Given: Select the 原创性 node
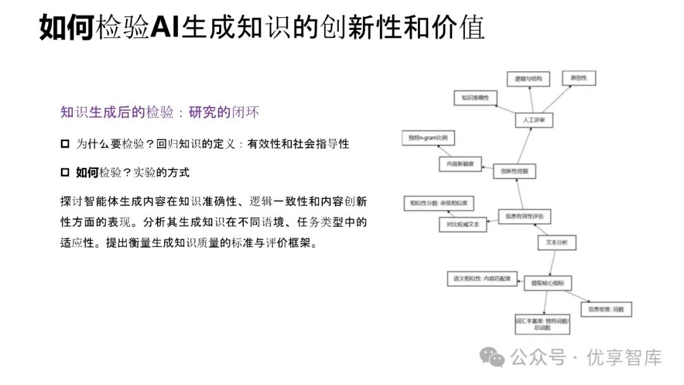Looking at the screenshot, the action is [579, 79].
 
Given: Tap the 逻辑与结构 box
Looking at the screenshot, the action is [529, 79].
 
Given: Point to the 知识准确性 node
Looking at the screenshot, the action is [475, 98].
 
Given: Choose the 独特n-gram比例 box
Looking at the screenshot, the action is [428, 138].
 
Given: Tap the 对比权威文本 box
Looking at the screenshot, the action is [463, 224].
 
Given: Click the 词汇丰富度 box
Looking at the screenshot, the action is [542, 324].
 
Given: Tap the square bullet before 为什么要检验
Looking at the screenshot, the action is [65, 144].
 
